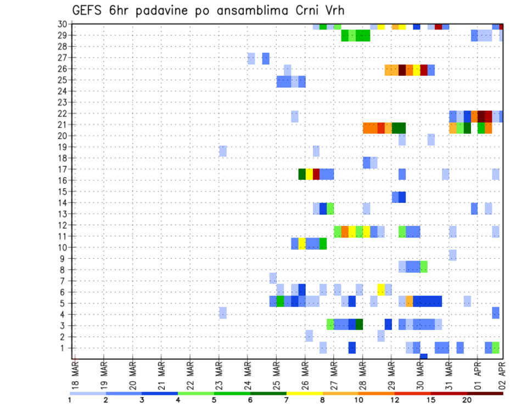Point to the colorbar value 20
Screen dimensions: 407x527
467,400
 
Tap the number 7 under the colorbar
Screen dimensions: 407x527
286,400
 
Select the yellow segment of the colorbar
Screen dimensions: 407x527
304,393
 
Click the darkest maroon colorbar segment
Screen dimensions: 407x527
485,393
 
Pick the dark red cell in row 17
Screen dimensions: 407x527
316,174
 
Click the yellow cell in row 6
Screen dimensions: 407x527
381,289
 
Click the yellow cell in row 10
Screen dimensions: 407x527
302,244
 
